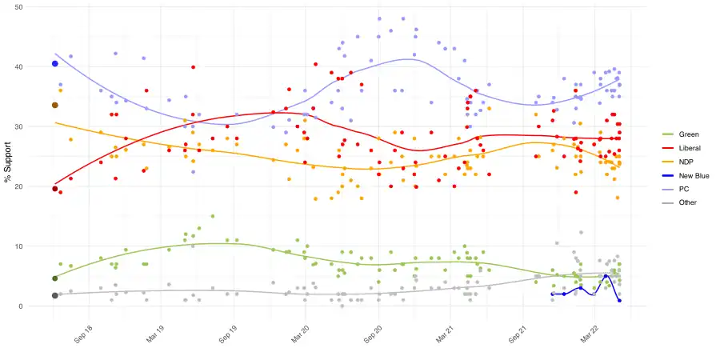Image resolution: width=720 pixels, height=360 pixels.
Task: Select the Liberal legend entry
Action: click(x=690, y=148)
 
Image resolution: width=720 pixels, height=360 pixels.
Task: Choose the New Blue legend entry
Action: click(x=693, y=175)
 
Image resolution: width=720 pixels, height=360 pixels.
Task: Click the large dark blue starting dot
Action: click(x=54, y=64)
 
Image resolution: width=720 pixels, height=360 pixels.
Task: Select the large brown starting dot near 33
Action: click(x=54, y=105)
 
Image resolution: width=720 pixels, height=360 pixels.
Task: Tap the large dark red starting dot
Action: click(x=54, y=189)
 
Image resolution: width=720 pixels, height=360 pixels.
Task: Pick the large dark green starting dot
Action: click(x=54, y=278)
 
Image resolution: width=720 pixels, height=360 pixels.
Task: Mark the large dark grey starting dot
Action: click(x=54, y=295)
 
